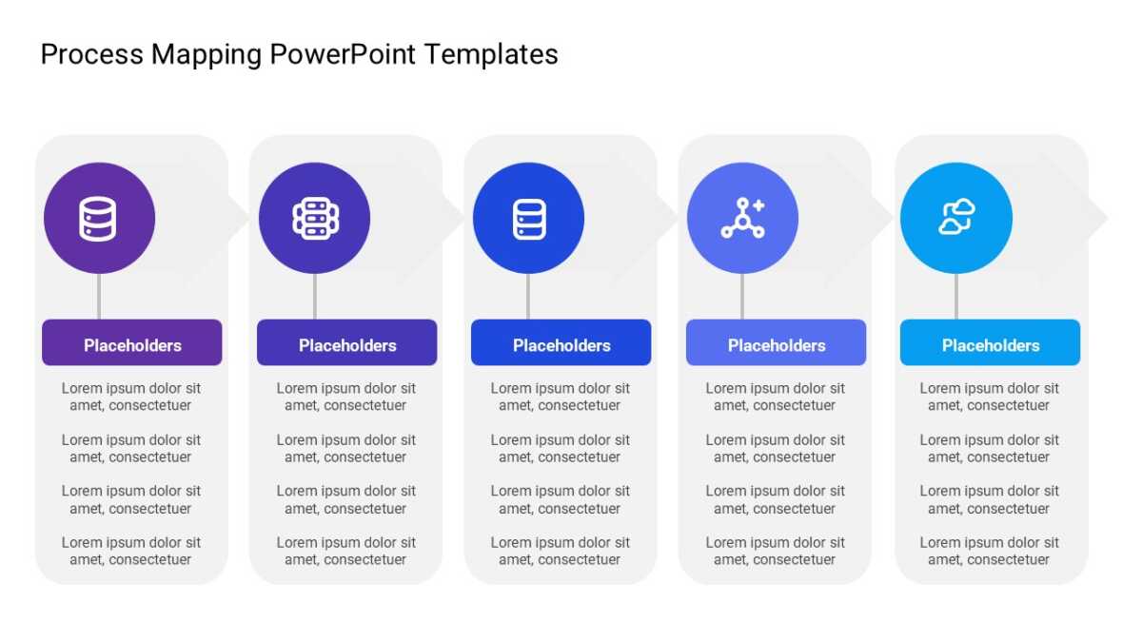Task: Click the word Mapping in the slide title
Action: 206,55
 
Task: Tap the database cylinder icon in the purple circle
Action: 98,219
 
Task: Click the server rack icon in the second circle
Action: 316,219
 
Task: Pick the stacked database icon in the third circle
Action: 529,219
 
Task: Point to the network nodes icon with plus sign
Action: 743,218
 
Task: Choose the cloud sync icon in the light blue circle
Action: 957,217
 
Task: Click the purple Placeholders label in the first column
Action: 132,342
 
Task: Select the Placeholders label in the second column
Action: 346,342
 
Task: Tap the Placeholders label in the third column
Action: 561,342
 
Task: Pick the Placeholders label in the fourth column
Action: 776,342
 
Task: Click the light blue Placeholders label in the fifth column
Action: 990,342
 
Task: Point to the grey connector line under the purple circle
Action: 99,297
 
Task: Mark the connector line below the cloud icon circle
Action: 956,297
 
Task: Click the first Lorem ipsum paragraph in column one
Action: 131,397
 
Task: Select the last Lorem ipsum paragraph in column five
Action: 989,551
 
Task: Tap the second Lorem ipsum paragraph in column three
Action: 561,448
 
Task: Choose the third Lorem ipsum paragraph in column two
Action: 346,499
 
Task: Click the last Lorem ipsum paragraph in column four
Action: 775,551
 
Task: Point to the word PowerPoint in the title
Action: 343,54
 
